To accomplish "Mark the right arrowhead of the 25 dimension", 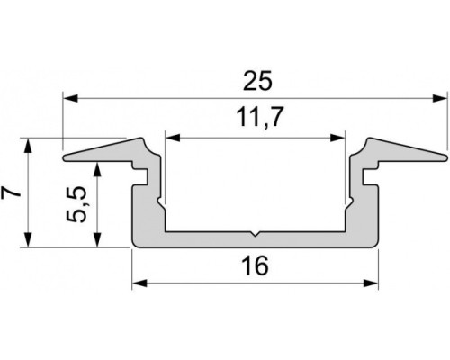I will click(442, 95).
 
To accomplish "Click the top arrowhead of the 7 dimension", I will click(29, 144).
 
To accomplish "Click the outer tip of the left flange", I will click(67, 160).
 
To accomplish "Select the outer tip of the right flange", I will click(445, 160).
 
